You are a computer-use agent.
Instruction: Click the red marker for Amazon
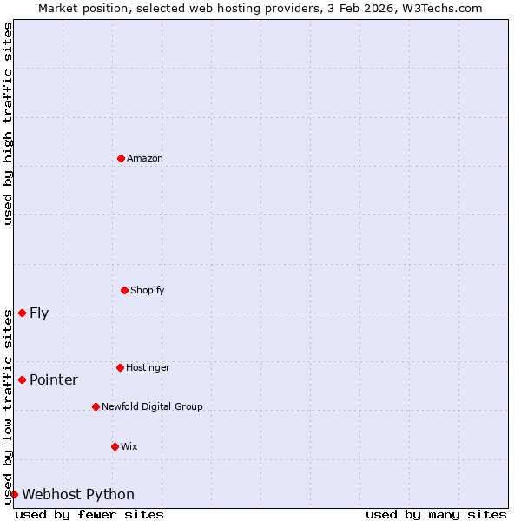[121, 158]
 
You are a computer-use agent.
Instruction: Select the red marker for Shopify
[124, 290]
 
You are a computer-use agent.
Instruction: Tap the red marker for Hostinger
[120, 367]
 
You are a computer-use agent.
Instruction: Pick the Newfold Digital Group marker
[96, 406]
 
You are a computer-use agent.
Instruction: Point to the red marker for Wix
[115, 446]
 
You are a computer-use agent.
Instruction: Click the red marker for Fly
[22, 313]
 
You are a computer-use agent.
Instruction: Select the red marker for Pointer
[22, 379]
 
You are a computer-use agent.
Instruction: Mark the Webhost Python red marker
[14, 494]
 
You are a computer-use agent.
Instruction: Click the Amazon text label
[145, 159]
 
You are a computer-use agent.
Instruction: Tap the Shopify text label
[148, 291]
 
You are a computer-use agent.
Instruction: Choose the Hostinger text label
[148, 368]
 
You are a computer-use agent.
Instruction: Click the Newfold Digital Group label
[152, 407]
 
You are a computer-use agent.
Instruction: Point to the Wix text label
[129, 447]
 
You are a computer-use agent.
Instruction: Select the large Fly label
[39, 313]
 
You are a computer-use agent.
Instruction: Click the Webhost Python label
[78, 495]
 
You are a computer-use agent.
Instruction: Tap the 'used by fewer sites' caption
[89, 515]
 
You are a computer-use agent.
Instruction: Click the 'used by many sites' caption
[436, 515]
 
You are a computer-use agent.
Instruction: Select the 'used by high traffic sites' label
[8, 123]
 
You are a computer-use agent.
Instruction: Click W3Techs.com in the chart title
[440, 8]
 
